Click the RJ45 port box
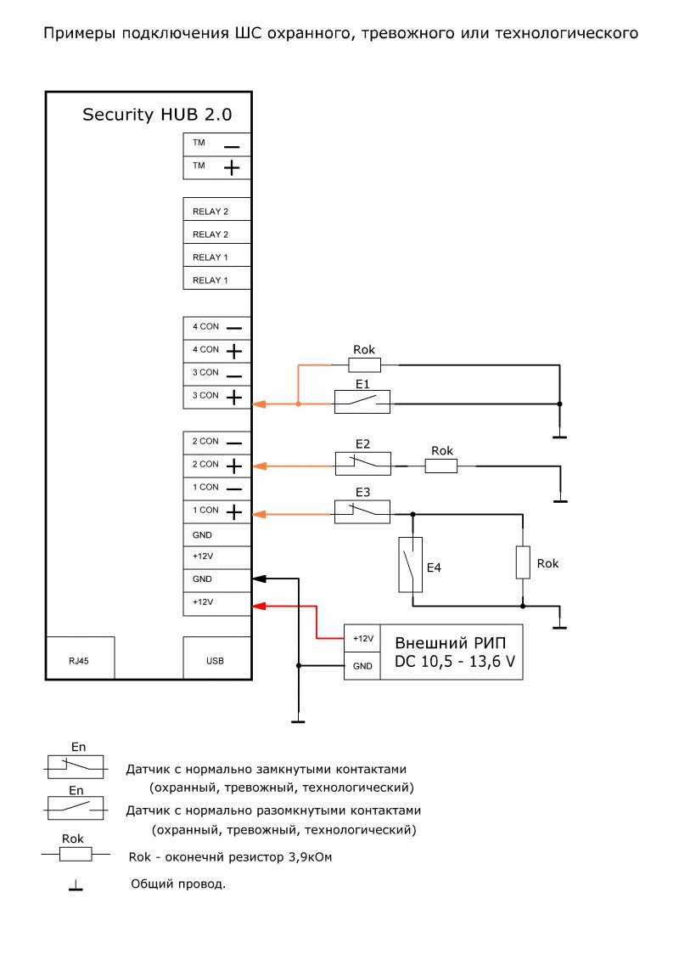coord(80,658)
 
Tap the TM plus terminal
coord(217,167)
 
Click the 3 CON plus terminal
coord(217,397)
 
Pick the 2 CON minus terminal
coord(217,443)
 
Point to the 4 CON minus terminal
coord(217,328)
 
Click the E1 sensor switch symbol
coord(362,402)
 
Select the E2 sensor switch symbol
coord(362,464)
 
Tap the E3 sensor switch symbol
coord(362,511)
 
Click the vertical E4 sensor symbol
coord(411,564)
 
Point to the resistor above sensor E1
coord(365,365)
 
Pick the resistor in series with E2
coord(441,466)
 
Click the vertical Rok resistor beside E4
coord(522,562)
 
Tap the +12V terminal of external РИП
coord(362,639)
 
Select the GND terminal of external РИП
coord(362,666)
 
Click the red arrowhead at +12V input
coord(260,606)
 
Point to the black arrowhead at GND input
coord(260,579)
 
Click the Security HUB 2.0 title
coord(157,115)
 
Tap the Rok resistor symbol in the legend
coord(76,854)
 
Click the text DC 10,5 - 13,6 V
coord(454,662)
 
